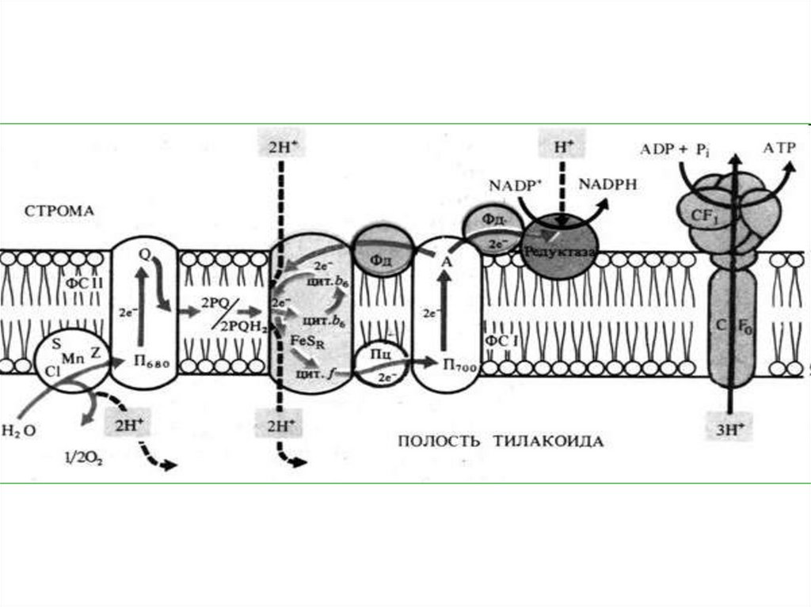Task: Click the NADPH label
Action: click(607, 184)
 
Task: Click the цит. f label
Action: click(313, 375)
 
